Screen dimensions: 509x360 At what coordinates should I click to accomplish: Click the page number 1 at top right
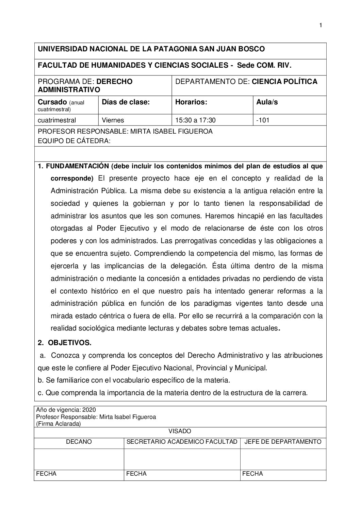tap(321, 26)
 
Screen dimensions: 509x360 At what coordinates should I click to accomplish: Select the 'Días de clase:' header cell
tap(126, 102)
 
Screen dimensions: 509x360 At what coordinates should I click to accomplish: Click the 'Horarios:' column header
tap(191, 102)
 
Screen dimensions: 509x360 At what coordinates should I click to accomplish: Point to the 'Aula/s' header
tap(267, 102)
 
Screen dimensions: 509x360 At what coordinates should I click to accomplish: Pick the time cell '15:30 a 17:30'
tap(195, 120)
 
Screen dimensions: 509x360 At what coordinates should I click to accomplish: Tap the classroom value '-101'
tap(263, 120)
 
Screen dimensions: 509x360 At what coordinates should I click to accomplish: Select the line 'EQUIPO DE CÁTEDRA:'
tap(74, 141)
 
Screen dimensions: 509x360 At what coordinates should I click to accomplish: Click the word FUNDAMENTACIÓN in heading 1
tap(77, 166)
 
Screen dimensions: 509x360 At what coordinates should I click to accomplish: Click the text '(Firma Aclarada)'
tap(58, 424)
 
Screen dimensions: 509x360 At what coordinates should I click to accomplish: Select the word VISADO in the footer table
tap(180, 431)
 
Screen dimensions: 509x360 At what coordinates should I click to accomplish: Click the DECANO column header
tap(79, 442)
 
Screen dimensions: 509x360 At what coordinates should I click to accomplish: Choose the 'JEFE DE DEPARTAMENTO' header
tap(283, 442)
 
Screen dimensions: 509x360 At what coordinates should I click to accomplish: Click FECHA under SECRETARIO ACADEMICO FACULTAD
tap(136, 474)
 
